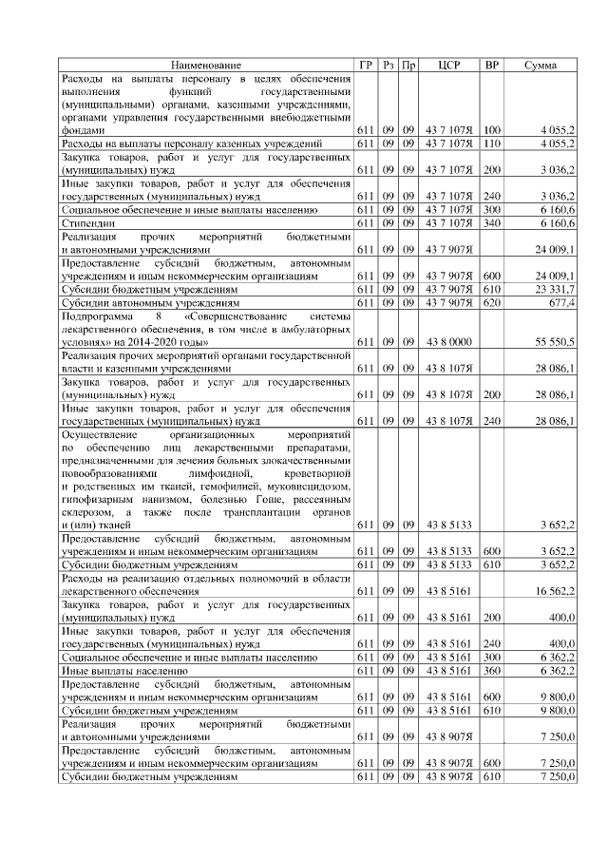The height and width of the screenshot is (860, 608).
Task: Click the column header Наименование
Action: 206,65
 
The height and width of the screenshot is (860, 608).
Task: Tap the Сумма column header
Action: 541,65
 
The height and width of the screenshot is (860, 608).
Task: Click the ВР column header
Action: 492,65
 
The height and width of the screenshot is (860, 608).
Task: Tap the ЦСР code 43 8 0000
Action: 449,340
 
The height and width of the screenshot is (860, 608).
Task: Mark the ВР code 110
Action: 492,143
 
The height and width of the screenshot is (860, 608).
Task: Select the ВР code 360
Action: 492,670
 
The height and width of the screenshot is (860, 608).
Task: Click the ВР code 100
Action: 492,129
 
